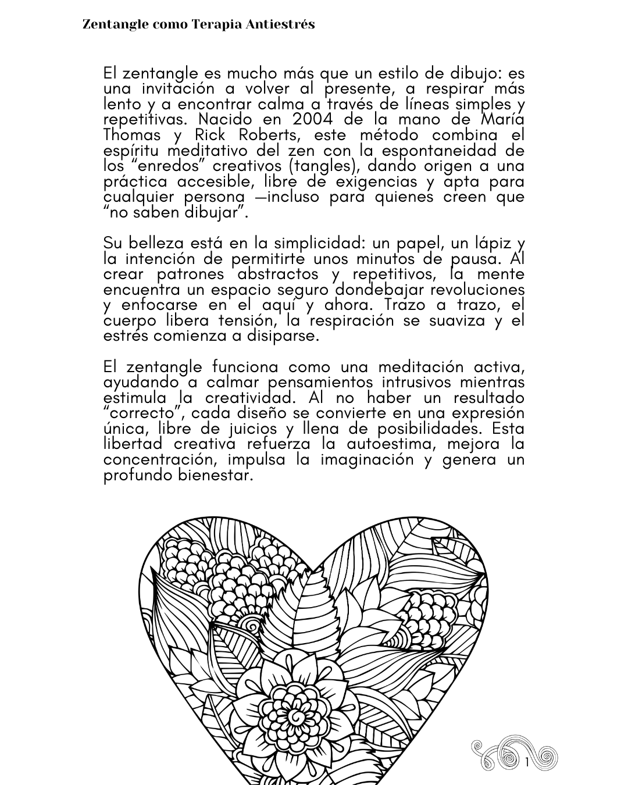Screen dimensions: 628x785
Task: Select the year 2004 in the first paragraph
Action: [313, 119]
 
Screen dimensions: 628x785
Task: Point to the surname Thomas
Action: [132, 135]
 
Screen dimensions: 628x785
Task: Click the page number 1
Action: [527, 762]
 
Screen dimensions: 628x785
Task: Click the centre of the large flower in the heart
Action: [297, 713]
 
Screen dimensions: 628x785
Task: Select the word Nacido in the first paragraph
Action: [226, 119]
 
